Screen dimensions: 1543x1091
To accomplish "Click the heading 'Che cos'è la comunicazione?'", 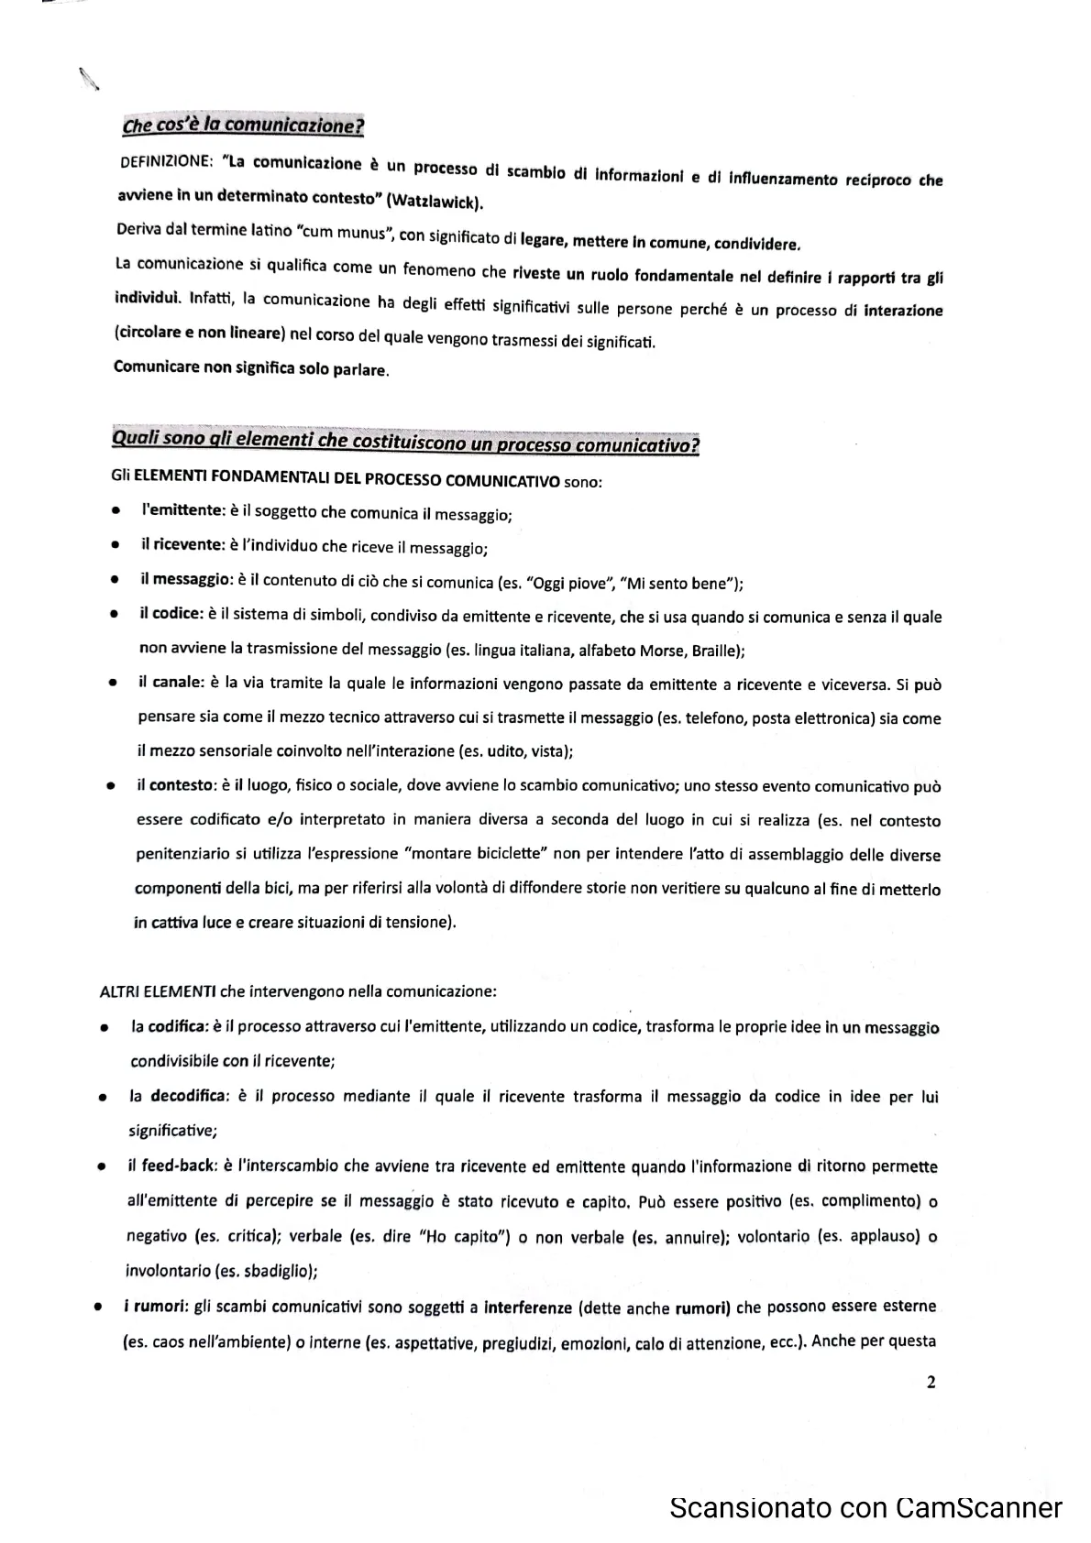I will point(243,125).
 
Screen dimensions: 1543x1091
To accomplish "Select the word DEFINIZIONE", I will point(166,161).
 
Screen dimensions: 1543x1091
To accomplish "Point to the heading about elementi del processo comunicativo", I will point(404,443).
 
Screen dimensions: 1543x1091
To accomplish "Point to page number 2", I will point(931,1384).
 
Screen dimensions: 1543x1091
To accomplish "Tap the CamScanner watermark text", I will point(865,1507).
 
